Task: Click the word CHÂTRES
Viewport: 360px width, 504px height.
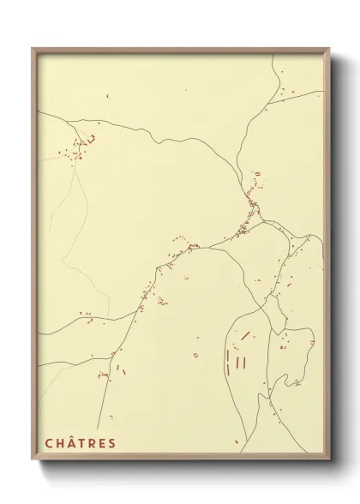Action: tap(80, 443)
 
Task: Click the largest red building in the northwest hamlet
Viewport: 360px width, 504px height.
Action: tap(90, 139)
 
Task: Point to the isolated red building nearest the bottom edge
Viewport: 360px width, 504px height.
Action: tap(237, 442)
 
